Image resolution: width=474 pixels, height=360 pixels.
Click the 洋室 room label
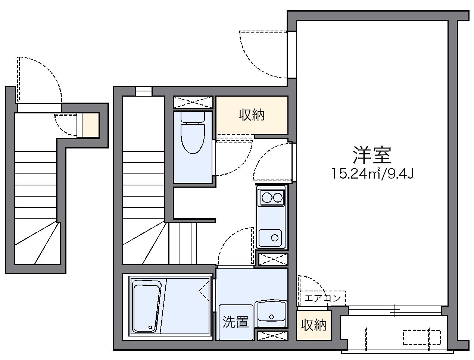tap(372, 156)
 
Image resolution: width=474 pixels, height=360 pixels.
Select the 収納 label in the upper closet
tap(252, 115)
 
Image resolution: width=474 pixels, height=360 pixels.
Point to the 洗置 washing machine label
tap(236, 322)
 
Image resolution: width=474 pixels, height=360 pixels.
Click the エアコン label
tap(323, 298)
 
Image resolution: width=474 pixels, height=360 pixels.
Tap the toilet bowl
tap(193, 138)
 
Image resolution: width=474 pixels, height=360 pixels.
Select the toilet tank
tap(193, 116)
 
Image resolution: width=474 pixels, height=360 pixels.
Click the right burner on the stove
tap(278, 197)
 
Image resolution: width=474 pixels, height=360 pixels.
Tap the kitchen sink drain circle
tap(275, 237)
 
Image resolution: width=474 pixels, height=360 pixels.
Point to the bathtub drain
tap(150, 327)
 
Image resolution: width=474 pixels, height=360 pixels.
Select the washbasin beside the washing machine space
tap(271, 312)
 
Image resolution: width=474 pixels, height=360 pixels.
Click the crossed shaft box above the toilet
tap(193, 102)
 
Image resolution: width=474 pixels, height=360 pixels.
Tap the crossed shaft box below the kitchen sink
tap(273, 259)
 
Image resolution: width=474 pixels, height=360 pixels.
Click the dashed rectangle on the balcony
tap(422, 337)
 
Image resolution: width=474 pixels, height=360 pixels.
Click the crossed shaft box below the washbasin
tap(273, 335)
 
